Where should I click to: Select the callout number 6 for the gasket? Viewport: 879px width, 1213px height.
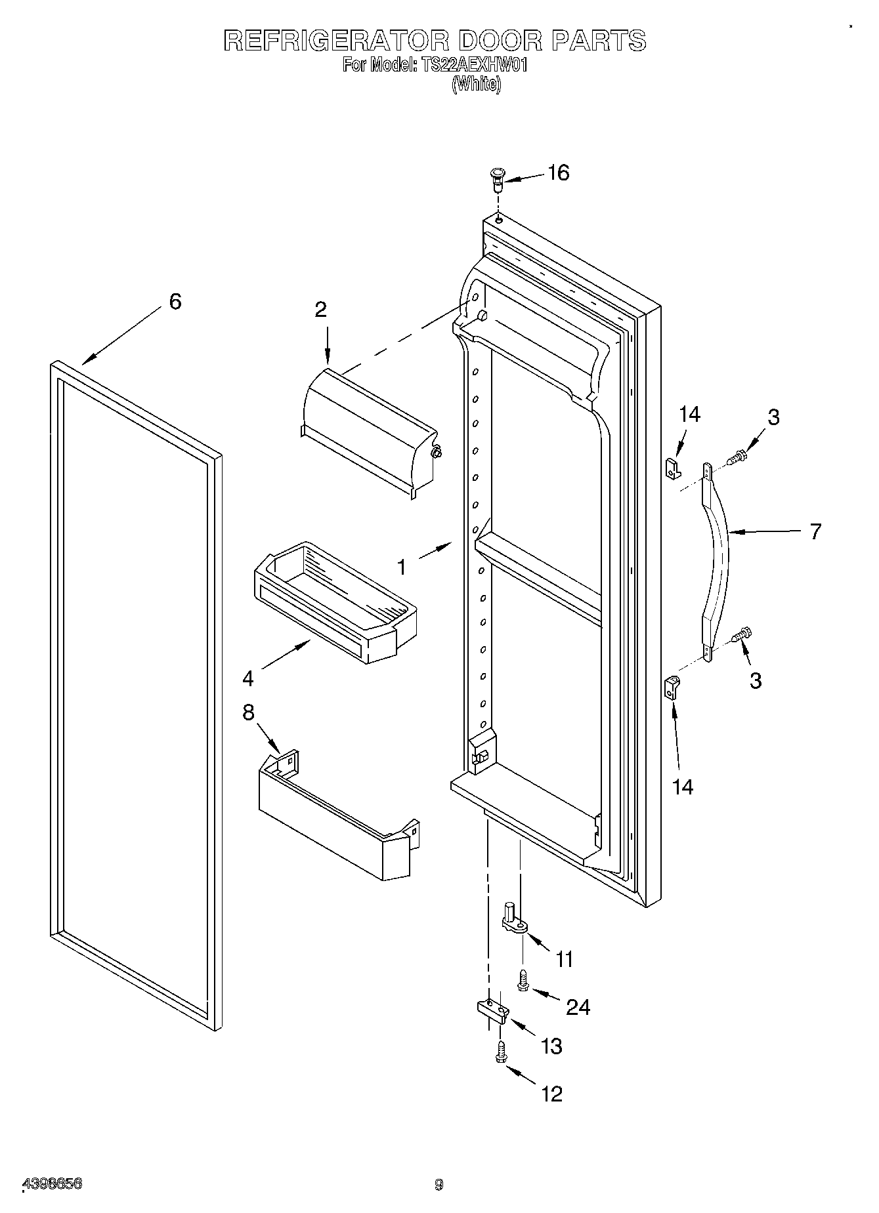(175, 301)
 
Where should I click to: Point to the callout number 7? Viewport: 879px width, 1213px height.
(815, 531)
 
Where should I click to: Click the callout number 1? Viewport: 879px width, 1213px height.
(402, 566)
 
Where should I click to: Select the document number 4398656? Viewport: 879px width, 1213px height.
(53, 1184)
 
